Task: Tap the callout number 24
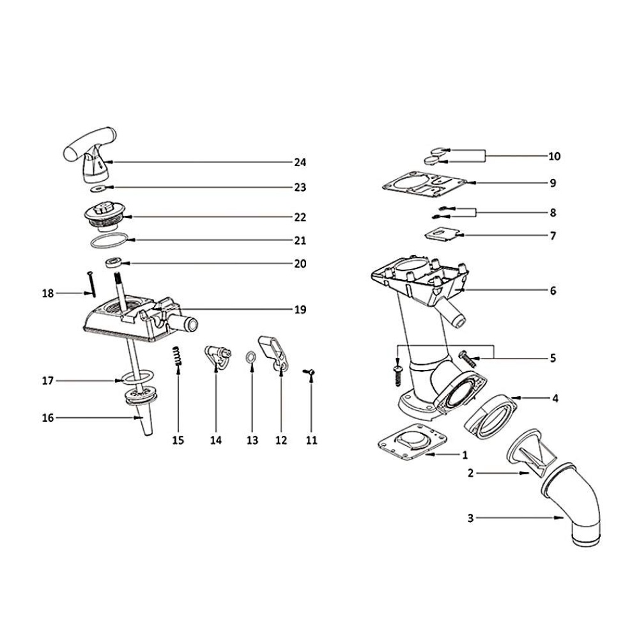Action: click(x=300, y=162)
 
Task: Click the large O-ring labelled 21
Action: click(x=108, y=242)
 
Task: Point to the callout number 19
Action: click(x=300, y=310)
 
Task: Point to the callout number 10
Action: click(x=554, y=156)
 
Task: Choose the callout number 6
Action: click(x=553, y=290)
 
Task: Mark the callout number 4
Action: click(x=555, y=398)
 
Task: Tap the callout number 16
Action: click(x=48, y=418)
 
